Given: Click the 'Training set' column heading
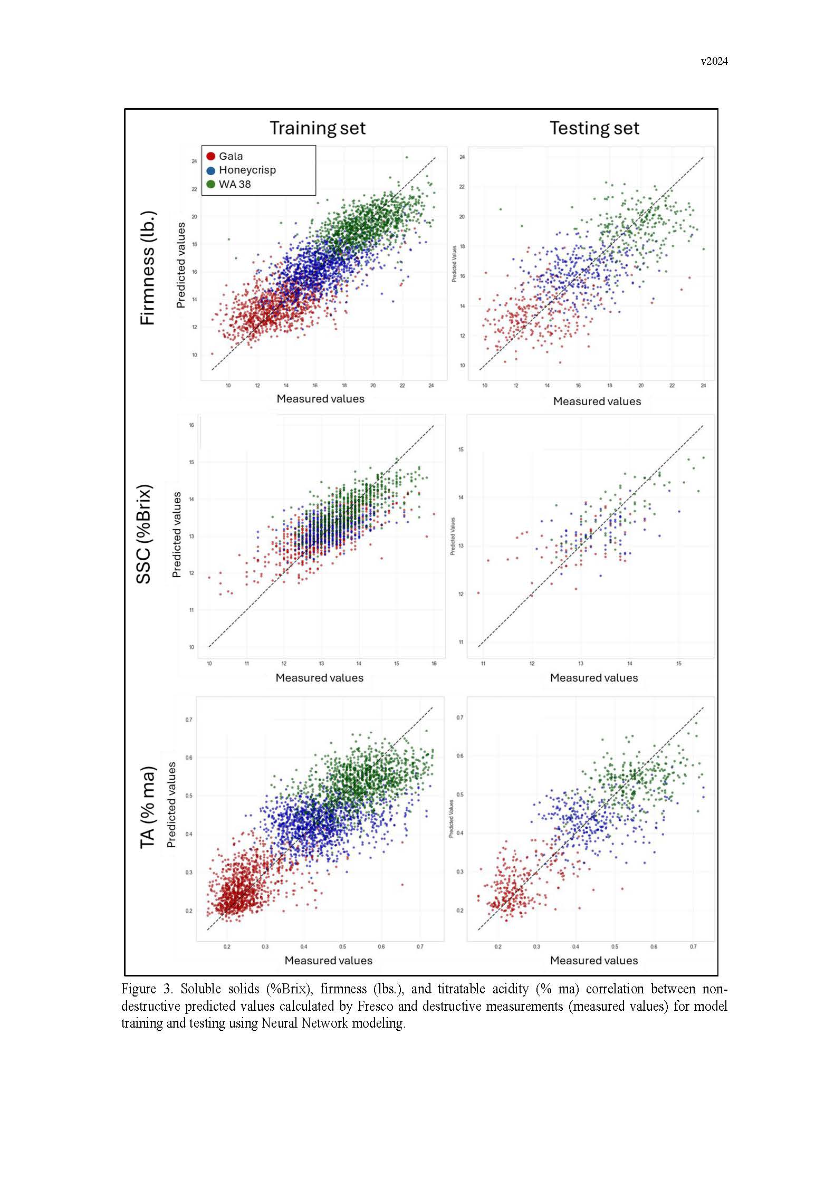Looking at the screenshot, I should click(x=318, y=128).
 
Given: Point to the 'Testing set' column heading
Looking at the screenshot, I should click(x=594, y=128).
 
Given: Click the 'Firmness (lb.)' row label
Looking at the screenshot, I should click(x=148, y=268).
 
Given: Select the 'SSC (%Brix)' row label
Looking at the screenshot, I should click(x=143, y=533).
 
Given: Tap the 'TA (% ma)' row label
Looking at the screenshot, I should click(x=148, y=808).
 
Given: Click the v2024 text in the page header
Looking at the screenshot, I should click(x=714, y=61).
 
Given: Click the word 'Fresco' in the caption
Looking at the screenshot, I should click(x=375, y=1006).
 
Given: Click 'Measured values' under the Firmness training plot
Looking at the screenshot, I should click(x=320, y=399).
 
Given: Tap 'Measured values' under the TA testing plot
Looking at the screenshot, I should click(x=593, y=960).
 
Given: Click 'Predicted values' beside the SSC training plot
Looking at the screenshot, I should click(x=177, y=534).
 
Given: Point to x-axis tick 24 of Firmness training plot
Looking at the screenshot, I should click(x=431, y=386).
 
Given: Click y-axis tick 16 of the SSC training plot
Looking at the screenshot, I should click(x=191, y=425).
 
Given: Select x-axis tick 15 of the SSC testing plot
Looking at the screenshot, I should click(x=678, y=664).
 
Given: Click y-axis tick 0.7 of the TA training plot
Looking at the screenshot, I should click(x=189, y=720).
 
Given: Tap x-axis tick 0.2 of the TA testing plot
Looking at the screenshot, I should click(x=498, y=946).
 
